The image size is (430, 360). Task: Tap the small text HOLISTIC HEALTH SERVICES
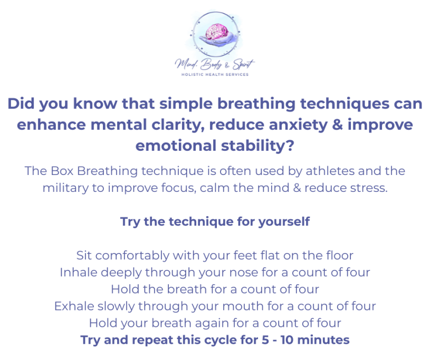pyautogui.click(x=215, y=74)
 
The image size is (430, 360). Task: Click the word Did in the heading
pyautogui.click(x=20, y=103)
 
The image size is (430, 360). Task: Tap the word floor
pyautogui.click(x=338, y=256)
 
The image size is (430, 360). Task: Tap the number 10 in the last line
pyautogui.click(x=288, y=340)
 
